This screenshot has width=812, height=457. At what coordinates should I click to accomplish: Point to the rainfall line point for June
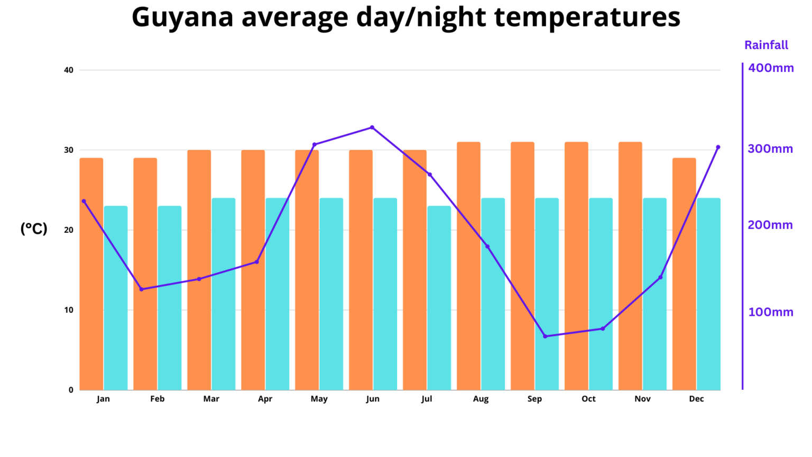click(x=372, y=127)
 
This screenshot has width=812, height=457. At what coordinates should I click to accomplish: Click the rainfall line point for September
click(x=545, y=336)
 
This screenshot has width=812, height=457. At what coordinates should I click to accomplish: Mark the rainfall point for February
click(x=141, y=289)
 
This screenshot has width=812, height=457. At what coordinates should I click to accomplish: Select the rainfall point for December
click(x=718, y=147)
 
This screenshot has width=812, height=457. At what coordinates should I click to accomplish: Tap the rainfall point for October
click(x=603, y=329)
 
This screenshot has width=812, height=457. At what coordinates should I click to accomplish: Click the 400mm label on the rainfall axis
click(x=771, y=68)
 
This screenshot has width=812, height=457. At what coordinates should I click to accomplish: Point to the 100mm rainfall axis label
click(x=770, y=312)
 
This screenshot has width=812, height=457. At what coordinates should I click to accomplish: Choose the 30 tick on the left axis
click(x=69, y=150)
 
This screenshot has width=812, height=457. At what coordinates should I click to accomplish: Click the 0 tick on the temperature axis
click(x=71, y=390)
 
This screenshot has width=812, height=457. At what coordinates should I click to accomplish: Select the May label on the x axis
click(x=319, y=399)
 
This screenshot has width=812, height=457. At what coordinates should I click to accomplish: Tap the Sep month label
click(x=534, y=399)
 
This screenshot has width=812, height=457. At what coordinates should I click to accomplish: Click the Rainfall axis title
click(x=766, y=45)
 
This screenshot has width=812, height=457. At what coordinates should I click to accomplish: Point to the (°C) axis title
click(x=34, y=229)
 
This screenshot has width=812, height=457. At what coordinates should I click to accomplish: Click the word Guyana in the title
click(x=182, y=17)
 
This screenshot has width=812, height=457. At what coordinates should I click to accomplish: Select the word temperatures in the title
click(x=587, y=17)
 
